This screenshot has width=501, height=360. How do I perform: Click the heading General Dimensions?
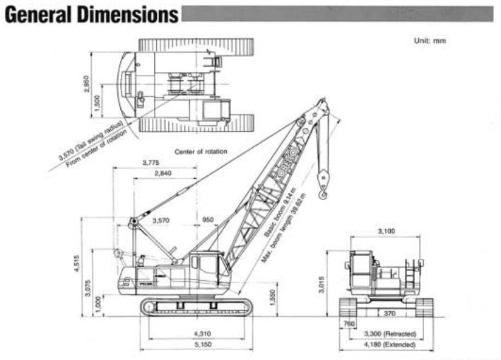[x=90, y=14]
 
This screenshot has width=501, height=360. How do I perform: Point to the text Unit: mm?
[x=430, y=40]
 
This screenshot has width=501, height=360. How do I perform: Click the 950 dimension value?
[x=208, y=220]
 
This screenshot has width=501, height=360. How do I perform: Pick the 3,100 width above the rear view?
[x=387, y=231]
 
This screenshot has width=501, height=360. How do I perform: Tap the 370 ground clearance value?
[x=390, y=312]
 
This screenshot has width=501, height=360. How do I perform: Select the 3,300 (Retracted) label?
[x=389, y=333]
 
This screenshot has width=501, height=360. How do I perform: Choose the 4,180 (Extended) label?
[x=389, y=344]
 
